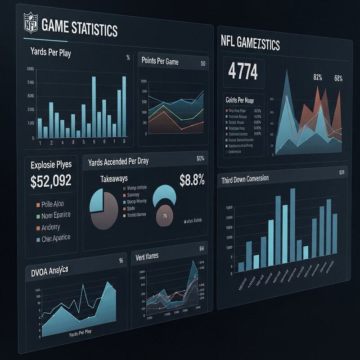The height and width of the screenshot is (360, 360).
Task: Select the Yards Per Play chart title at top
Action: [50, 53]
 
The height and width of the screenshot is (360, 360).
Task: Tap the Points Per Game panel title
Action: [160, 61]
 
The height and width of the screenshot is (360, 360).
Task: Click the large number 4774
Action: [243, 71]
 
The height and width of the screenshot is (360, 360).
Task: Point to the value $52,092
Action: [51, 181]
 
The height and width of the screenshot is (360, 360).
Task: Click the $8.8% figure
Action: [192, 180]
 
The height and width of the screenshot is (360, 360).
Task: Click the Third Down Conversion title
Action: [245, 179]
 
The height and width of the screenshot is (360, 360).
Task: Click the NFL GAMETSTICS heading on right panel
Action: [250, 45]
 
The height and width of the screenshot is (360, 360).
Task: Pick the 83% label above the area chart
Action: [318, 77]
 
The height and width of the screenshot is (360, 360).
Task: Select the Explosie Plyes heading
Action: [51, 164]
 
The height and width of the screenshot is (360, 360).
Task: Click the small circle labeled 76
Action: [164, 216]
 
